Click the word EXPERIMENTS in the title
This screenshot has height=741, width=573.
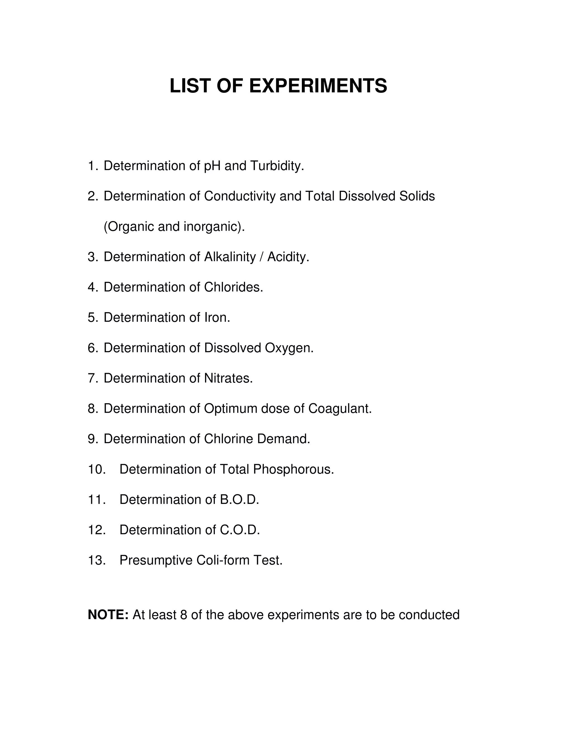coord(318,86)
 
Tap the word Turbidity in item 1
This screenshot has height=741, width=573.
coord(277,166)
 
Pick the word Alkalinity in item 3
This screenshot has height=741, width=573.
coord(229,257)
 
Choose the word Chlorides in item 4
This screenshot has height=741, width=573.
coord(233,287)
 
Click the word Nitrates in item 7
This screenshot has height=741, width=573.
coord(228,378)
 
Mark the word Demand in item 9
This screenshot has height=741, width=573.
coord(283,439)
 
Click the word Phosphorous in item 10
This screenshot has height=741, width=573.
coord(293,469)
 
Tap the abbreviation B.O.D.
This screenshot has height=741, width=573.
coord(239,500)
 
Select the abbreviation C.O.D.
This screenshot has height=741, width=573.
coord(240,530)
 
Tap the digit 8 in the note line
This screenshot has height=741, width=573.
coord(184,615)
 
